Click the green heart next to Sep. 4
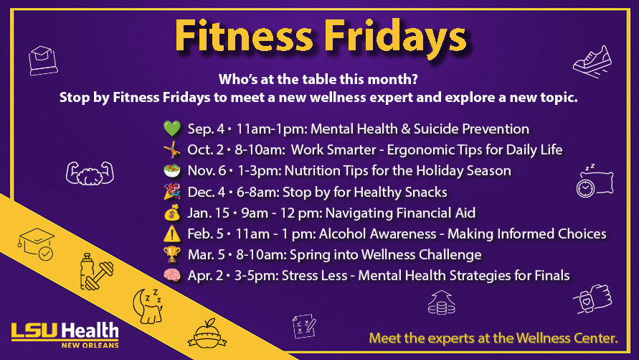[x=172, y=129]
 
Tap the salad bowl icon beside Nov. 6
[x=172, y=170]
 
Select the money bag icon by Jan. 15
[x=172, y=213]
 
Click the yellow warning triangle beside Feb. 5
[x=172, y=234]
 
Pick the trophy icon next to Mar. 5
[x=172, y=254]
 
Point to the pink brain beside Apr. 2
[x=172, y=275]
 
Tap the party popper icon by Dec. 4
[x=172, y=191]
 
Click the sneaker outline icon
[x=592, y=61]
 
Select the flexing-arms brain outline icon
[x=90, y=173]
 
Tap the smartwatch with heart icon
[x=593, y=299]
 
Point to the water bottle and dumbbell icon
[x=96, y=272]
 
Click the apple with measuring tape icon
[x=207, y=334]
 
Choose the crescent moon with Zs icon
[x=148, y=306]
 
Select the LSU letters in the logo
[x=36, y=331]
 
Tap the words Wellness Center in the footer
[x=567, y=338]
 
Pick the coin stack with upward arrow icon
[x=441, y=303]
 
